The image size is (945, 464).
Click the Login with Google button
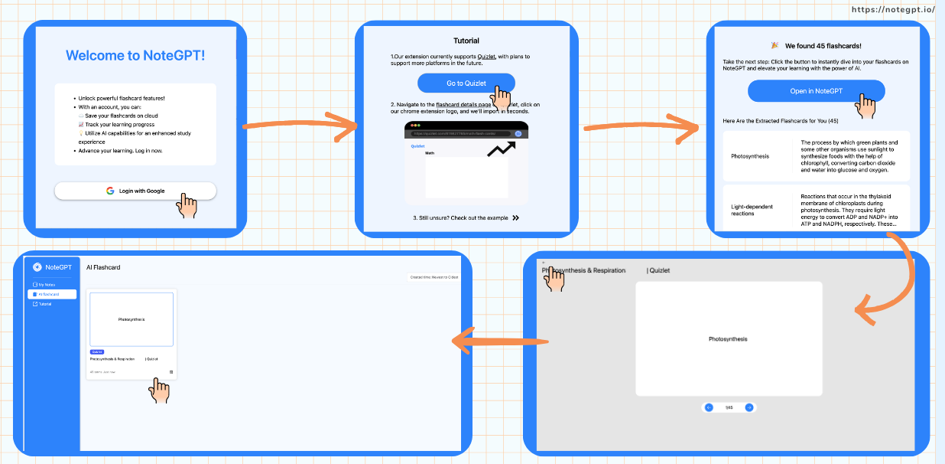click(x=135, y=191)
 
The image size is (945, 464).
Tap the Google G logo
click(x=110, y=191)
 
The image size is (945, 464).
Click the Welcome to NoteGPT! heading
click(x=135, y=55)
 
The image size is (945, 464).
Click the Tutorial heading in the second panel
click(x=466, y=41)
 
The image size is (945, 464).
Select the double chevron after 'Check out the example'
click(x=516, y=218)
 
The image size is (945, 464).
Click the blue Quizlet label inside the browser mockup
click(x=417, y=146)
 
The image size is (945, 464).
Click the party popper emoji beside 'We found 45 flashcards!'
click(x=775, y=46)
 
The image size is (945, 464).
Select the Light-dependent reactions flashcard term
click(x=752, y=210)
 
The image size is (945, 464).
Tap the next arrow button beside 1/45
click(x=749, y=407)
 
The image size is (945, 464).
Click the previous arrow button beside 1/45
click(x=709, y=407)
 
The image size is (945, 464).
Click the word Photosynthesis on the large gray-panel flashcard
click(x=728, y=339)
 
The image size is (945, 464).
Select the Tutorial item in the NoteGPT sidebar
click(x=45, y=304)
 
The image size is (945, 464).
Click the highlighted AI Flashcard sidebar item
click(x=52, y=294)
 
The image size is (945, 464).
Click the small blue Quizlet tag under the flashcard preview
click(x=97, y=351)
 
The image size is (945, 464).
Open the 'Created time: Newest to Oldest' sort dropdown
click(x=434, y=277)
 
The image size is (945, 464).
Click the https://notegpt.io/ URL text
click(x=893, y=9)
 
